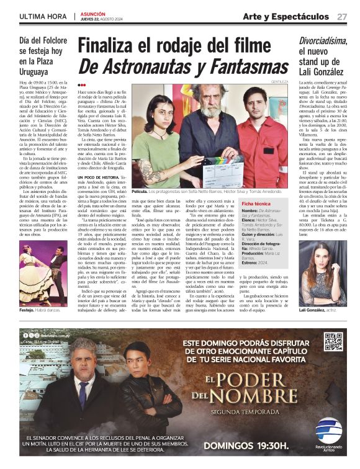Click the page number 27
(342, 16)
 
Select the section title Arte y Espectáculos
(286, 16)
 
